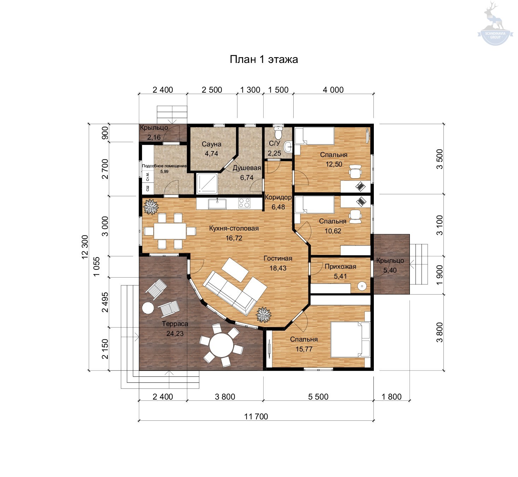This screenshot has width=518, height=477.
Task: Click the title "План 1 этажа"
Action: tap(264, 59)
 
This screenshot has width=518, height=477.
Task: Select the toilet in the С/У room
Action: tap(278, 133)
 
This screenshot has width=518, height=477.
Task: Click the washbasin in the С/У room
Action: tap(288, 147)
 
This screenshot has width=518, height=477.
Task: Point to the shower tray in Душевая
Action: tap(207, 184)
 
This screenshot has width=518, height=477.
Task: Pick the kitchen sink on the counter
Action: tap(217, 204)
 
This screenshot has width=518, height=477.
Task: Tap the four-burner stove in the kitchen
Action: tap(244, 203)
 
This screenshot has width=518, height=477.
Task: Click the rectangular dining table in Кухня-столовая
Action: tap(170, 231)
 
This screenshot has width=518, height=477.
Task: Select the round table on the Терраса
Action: tap(221, 345)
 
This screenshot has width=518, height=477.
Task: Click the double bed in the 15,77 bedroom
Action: tap(351, 339)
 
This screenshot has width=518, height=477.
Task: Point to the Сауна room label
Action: tap(212, 144)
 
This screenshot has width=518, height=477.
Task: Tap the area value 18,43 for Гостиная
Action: tap(278, 268)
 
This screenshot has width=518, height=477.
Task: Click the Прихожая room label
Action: tap(340, 267)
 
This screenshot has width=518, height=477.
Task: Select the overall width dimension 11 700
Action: tap(256, 417)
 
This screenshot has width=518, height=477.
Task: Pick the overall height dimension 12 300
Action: tap(85, 247)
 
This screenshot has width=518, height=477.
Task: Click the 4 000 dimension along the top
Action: tap(333, 90)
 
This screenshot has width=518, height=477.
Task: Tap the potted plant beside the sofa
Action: tap(263, 315)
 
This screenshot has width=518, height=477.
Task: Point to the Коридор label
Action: tap(278, 197)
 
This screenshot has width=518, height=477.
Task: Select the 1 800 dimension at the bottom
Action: tap(392, 397)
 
